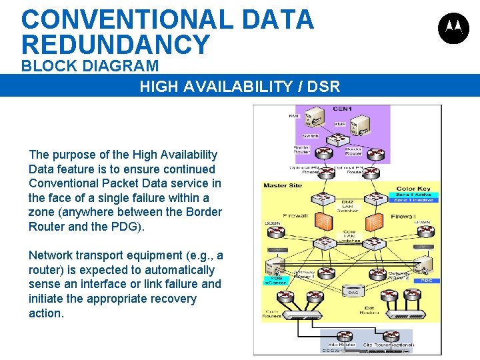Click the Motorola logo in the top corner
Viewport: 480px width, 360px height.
[453, 28]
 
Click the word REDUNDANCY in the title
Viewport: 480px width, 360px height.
[115, 45]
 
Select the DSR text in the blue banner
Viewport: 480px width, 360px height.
[325, 86]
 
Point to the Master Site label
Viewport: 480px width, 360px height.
[283, 185]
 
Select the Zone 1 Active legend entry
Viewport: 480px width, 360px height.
[414, 195]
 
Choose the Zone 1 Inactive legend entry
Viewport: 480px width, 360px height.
[414, 200]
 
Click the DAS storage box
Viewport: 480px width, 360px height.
[353, 291]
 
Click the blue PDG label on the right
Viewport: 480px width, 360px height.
[427, 281]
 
